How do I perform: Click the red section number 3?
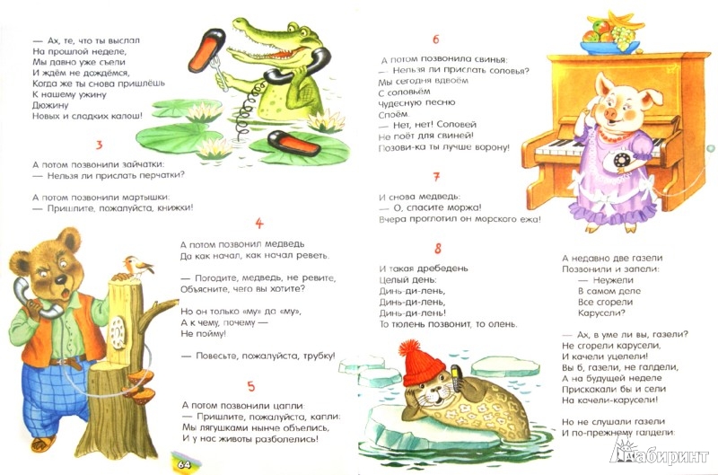[100, 145]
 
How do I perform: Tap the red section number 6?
[435, 40]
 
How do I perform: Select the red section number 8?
[438, 249]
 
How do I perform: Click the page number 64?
[184, 465]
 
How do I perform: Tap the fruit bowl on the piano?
[609, 34]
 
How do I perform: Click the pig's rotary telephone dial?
[621, 161]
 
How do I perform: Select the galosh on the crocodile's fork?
[206, 50]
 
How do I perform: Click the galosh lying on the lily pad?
[294, 143]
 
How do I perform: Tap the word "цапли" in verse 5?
[287, 406]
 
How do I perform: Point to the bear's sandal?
[43, 443]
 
